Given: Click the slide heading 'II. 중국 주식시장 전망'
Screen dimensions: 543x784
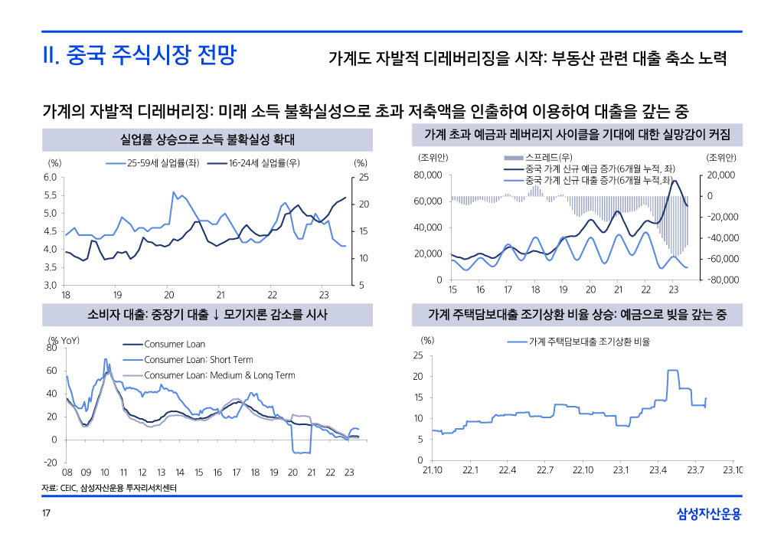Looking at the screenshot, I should pyautogui.click(x=139, y=56).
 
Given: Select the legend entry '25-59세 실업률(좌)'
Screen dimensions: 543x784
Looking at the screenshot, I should pyautogui.click(x=162, y=163).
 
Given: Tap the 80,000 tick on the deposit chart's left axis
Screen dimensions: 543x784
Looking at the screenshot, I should pyautogui.click(x=427, y=175).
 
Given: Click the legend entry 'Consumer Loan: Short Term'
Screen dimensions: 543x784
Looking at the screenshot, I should pyautogui.click(x=198, y=360).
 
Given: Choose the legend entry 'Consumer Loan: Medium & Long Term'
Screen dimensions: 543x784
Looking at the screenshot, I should pyautogui.click(x=220, y=375).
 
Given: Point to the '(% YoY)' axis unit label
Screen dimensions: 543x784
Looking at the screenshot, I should pyautogui.click(x=64, y=339).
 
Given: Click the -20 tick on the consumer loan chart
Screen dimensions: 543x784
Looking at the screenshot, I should pyautogui.click(x=51, y=463).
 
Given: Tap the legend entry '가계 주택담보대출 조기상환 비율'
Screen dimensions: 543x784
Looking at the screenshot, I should pyautogui.click(x=589, y=342).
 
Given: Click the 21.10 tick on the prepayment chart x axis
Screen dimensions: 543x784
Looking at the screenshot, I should pyautogui.click(x=433, y=469).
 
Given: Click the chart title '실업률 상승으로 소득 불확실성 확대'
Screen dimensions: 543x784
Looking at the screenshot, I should pyautogui.click(x=207, y=139).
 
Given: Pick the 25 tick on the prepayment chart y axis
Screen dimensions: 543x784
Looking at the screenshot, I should pyautogui.click(x=418, y=355).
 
